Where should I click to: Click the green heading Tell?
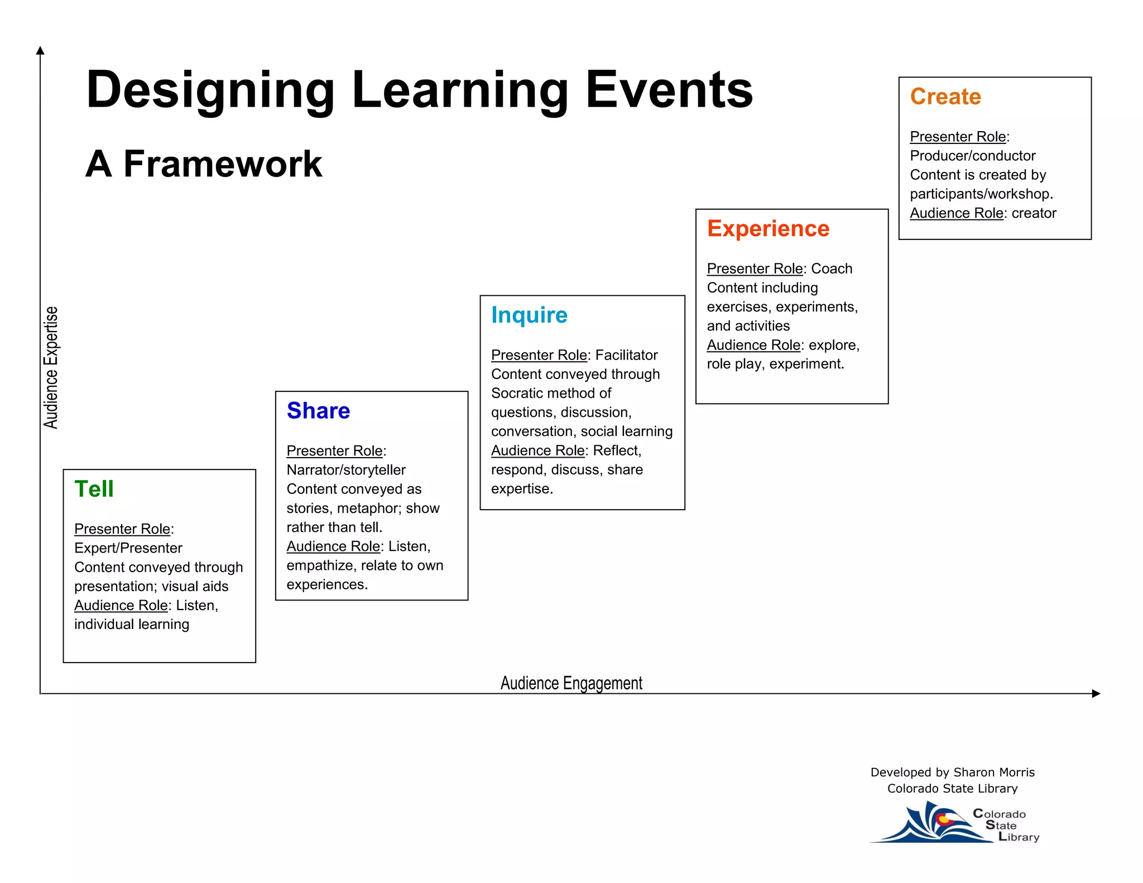[x=94, y=489]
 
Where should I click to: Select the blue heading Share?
[x=318, y=411]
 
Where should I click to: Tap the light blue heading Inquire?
[x=529, y=315]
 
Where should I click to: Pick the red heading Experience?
[x=768, y=229]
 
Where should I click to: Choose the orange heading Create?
[x=945, y=97]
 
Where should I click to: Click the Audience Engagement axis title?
[x=571, y=683]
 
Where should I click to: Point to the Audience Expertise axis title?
[x=51, y=367]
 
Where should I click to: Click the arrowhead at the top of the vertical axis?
[x=40, y=51]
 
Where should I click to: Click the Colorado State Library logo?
[x=954, y=824]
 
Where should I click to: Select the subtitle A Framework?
[x=204, y=164]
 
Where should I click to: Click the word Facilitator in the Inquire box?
[x=626, y=355]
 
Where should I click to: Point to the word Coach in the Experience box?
[x=832, y=268]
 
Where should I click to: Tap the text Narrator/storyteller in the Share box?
[x=346, y=470]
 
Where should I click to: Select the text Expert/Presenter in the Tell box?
[x=128, y=548]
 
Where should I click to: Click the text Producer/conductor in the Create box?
[x=972, y=156]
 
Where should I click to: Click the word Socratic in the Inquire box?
[x=519, y=393]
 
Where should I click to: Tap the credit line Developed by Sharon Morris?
[x=952, y=772]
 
